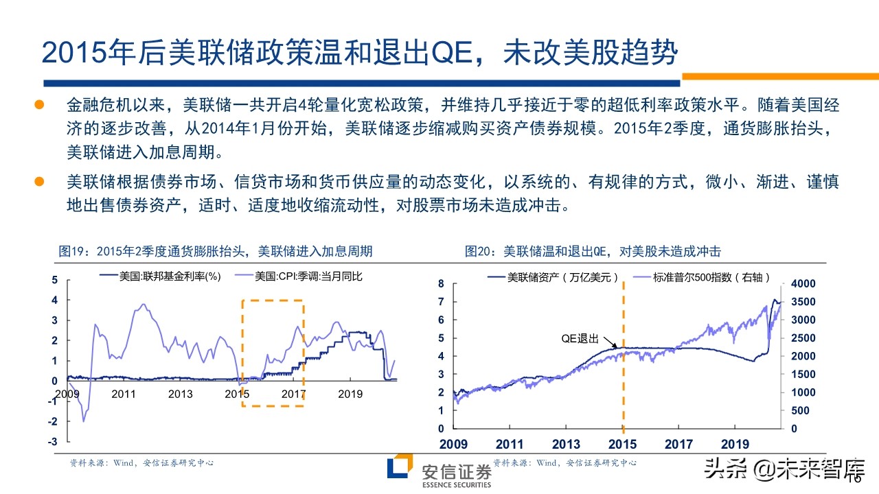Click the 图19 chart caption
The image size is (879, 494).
(x=216, y=251)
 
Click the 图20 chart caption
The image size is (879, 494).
(x=593, y=251)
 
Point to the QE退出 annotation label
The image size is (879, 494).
(x=580, y=339)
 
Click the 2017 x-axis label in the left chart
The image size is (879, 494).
(x=293, y=394)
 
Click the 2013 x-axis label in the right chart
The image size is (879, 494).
(x=567, y=444)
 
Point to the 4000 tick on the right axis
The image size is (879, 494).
(x=803, y=284)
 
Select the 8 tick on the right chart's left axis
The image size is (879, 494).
(x=442, y=284)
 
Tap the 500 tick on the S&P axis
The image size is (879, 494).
(x=800, y=411)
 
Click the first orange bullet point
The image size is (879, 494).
(x=39, y=105)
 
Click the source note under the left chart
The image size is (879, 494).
(x=141, y=463)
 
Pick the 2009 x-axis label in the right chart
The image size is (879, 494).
(x=454, y=444)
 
